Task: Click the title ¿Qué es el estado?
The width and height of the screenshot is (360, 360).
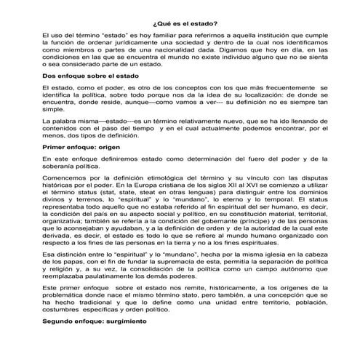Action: [x=180, y=23]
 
